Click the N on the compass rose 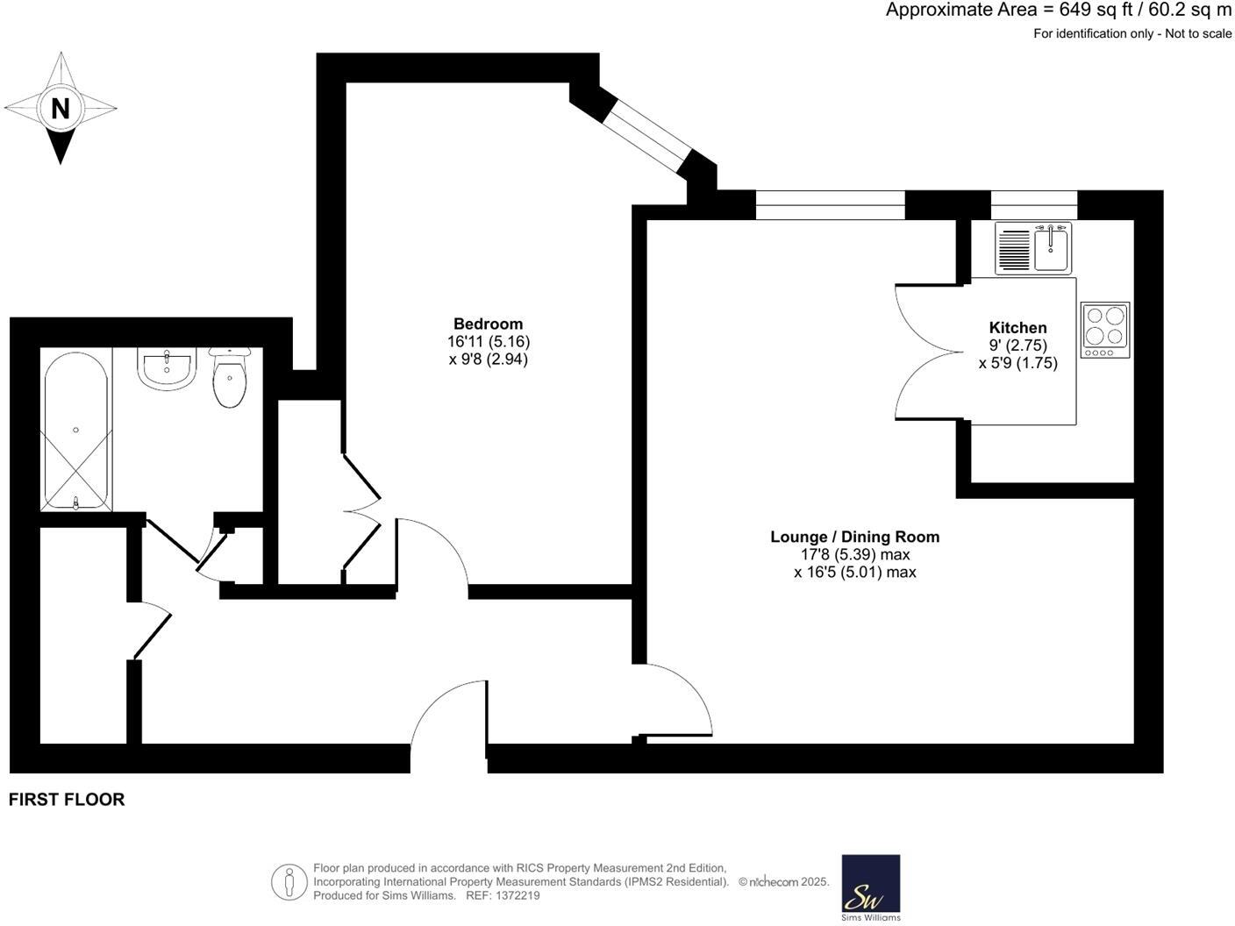point(60,109)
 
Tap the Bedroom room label point(488,324)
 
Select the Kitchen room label point(1017,328)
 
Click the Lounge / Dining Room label point(854,537)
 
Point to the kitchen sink point(1032,247)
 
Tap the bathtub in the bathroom point(75,430)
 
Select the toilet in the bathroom point(230,378)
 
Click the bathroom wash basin point(166,368)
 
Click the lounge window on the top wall point(830,204)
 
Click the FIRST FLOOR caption point(67,799)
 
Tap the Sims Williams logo point(870,887)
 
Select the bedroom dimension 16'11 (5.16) point(488,341)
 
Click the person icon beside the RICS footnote point(288,882)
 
